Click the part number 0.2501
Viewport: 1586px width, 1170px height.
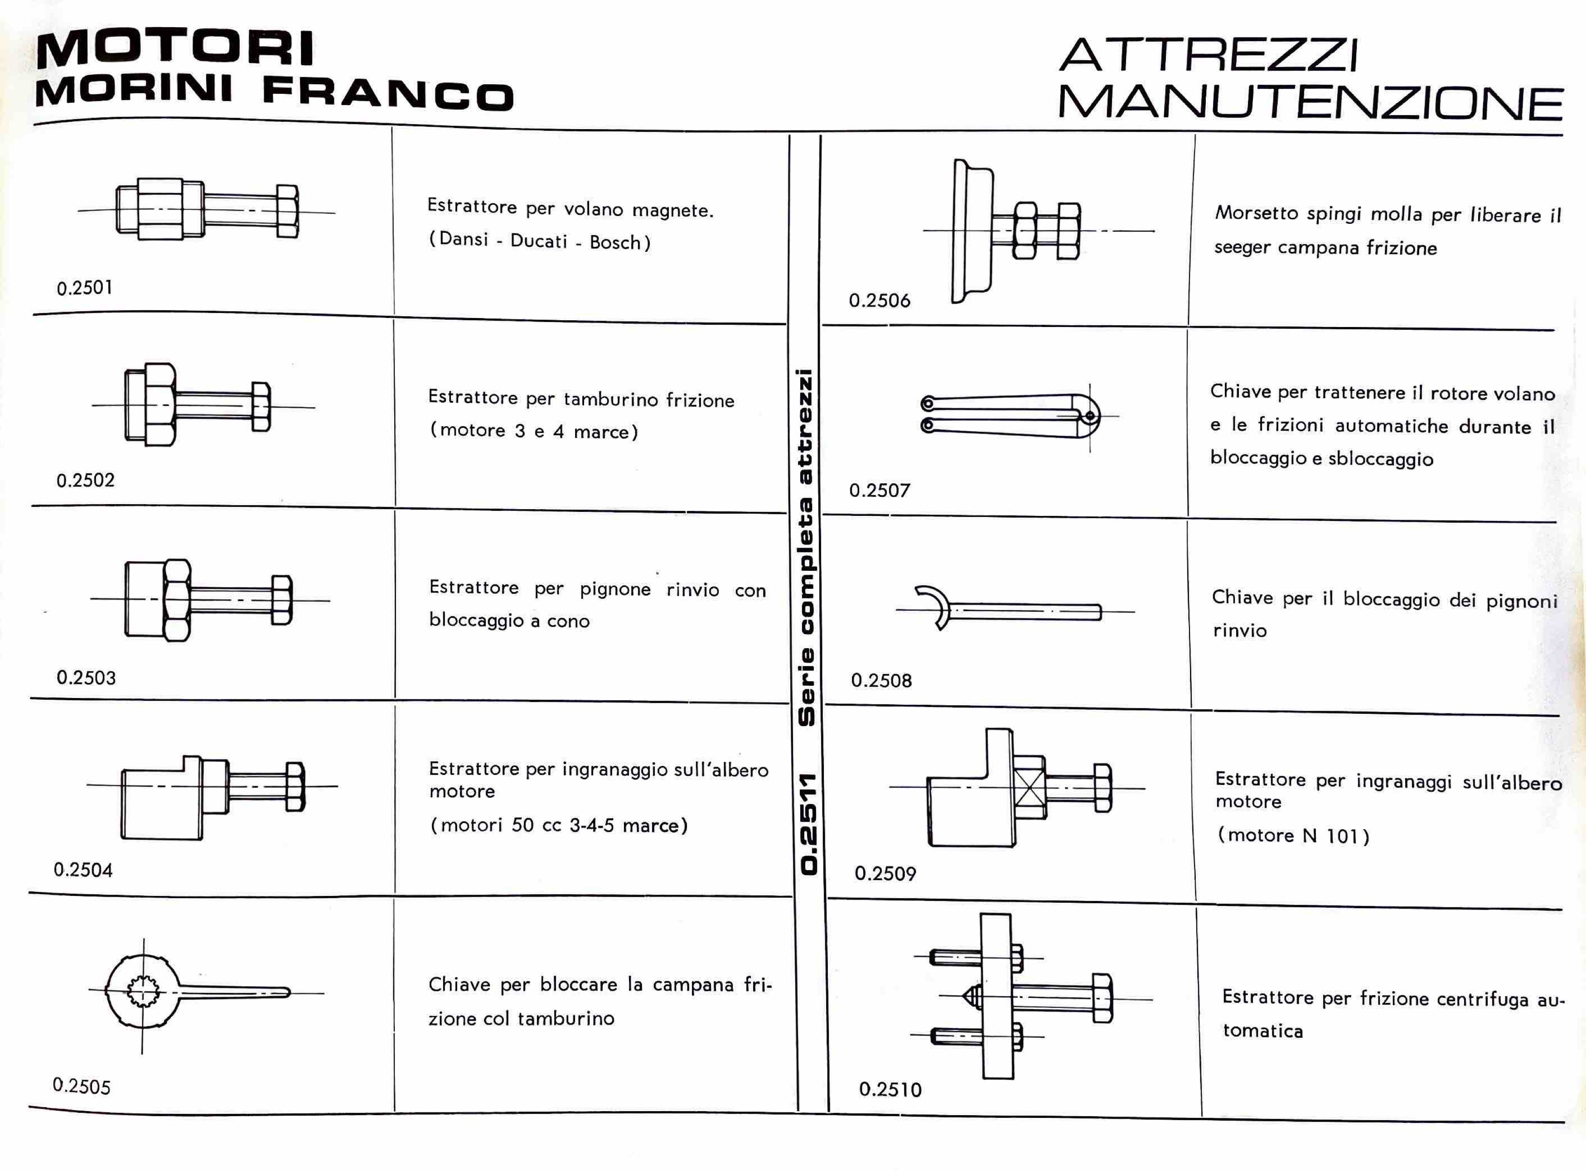[x=84, y=288]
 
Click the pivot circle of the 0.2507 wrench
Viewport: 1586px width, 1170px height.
[x=1089, y=416]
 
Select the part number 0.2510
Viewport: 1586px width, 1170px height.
[x=890, y=1089]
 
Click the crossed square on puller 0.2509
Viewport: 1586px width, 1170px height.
[x=1029, y=787]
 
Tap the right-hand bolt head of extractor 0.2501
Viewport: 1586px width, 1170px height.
[x=287, y=211]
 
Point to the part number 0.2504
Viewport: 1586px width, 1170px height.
[x=83, y=870]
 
